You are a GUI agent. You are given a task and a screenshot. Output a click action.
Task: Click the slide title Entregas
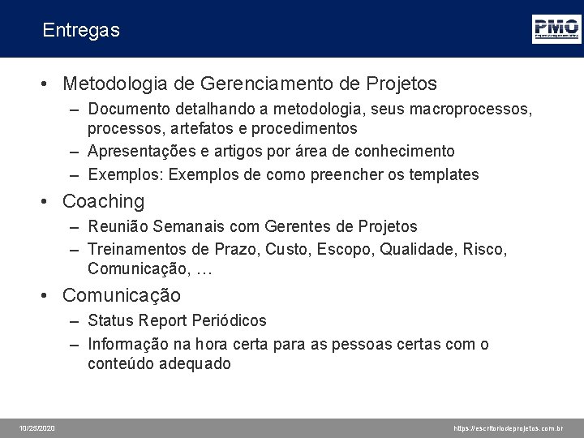click(x=81, y=31)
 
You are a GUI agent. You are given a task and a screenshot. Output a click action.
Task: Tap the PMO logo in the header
click(x=556, y=28)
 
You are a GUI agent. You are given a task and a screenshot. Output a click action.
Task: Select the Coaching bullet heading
click(x=103, y=201)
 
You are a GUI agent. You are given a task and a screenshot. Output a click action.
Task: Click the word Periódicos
click(x=228, y=321)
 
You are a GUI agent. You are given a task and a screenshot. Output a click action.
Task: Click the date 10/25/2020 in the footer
click(x=38, y=427)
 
